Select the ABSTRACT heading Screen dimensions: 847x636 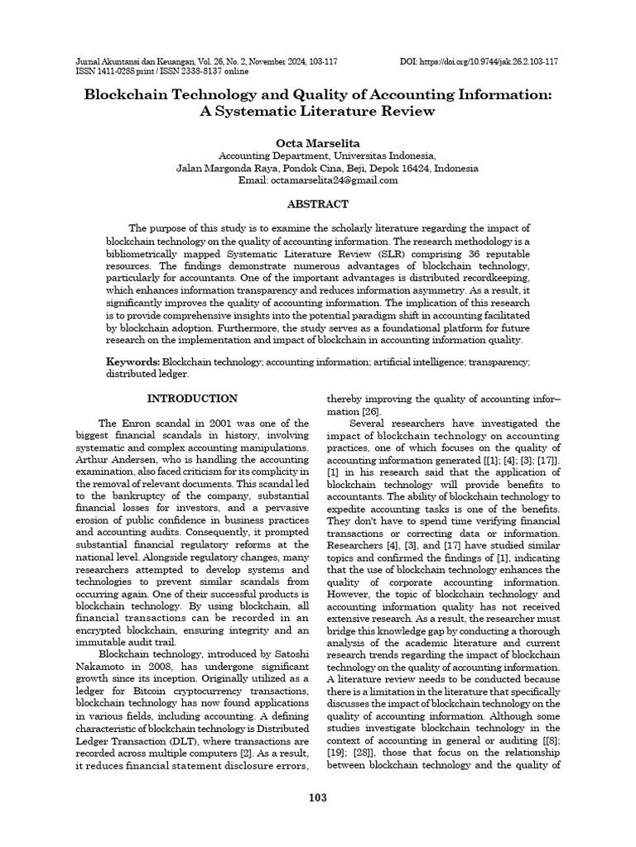coord(318,203)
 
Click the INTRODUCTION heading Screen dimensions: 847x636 coord(192,398)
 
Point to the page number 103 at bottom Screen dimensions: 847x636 coord(318,797)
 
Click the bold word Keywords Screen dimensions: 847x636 coord(132,362)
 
